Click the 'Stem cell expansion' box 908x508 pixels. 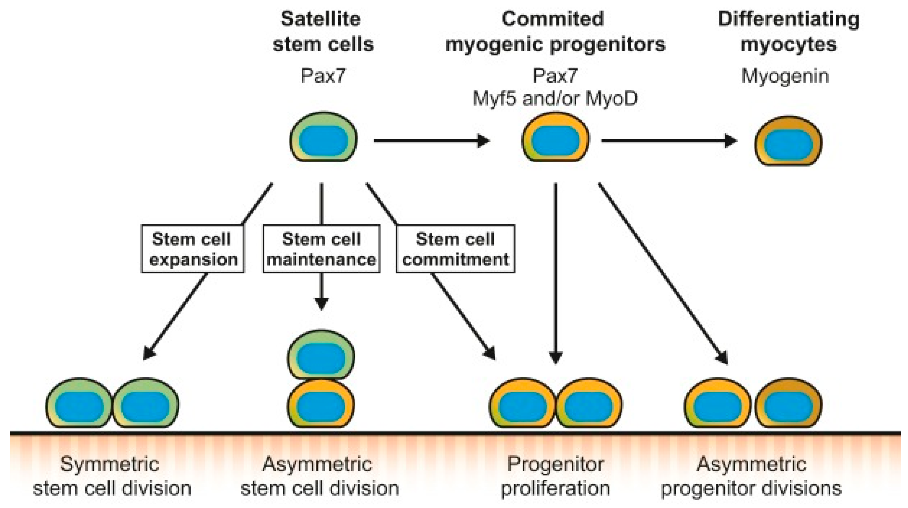pos(193,249)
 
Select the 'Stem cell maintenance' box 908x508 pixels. pos(321,249)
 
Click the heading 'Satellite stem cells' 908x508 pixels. pos(323,32)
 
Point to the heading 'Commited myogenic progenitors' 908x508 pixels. pos(555,32)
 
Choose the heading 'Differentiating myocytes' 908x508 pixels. pos(788,32)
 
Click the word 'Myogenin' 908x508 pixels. pos(785,76)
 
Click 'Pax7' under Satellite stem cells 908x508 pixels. pos(323,76)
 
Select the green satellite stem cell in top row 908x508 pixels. pos(323,137)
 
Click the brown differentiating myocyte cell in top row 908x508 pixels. pos(788,141)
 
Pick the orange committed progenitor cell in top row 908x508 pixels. pos(555,137)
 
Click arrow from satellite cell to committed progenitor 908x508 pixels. pos(431,141)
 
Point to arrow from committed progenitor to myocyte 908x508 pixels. pos(669,141)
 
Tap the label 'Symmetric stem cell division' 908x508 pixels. pos(112,476)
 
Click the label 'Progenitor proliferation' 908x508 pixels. pos(555,476)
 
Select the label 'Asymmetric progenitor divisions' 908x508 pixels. pos(751,476)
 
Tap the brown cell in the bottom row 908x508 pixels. pos(788,403)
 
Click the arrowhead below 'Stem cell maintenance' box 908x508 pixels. pos(321,303)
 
